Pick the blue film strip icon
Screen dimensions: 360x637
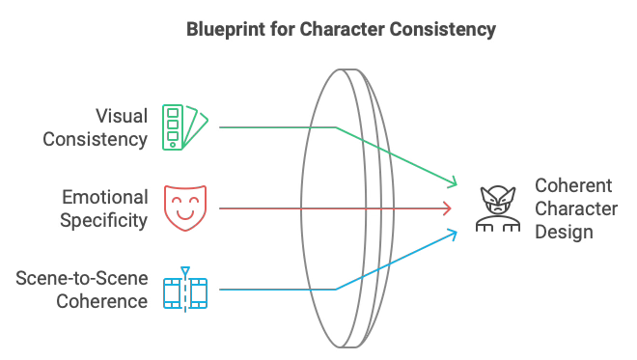(184, 290)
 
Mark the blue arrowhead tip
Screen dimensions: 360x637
(457, 232)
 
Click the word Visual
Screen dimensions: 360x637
(122, 117)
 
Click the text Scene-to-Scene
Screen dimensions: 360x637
(82, 280)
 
